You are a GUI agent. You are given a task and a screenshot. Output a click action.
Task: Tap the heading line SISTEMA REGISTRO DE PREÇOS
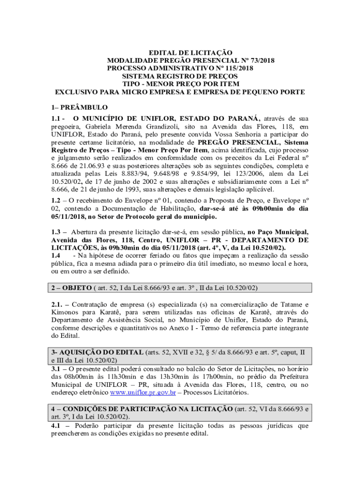tap(180, 76)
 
